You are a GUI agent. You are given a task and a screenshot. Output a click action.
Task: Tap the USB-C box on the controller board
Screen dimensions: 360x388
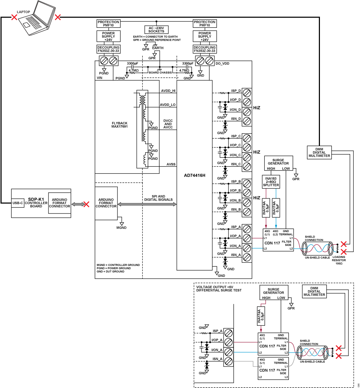18,203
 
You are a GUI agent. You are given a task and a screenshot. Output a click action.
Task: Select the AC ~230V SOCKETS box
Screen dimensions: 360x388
156,30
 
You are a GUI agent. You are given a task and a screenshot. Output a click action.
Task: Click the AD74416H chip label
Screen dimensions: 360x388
194,176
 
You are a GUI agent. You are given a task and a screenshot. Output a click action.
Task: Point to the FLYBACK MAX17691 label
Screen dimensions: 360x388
120,125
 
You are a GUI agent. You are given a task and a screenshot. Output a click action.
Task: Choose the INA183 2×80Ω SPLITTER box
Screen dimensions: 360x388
271,182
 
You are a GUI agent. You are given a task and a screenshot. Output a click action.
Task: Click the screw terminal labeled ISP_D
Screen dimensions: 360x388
247,93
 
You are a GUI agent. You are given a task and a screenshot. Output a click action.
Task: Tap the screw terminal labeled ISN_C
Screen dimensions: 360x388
247,166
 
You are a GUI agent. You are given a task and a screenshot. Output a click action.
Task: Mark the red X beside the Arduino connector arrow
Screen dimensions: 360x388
86,204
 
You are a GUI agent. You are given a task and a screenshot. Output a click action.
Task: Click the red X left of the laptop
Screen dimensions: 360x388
14,17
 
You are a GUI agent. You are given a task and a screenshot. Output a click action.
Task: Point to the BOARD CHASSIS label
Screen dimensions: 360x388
160,72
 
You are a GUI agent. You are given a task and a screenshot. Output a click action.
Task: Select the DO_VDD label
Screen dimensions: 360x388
223,64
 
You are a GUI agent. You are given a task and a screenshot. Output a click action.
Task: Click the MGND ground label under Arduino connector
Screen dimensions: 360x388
121,228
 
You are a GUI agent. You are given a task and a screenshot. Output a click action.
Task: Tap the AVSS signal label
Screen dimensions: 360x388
171,164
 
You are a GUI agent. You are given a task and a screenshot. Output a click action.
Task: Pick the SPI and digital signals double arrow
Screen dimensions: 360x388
147,204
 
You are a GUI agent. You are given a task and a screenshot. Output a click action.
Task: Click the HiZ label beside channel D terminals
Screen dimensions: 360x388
257,108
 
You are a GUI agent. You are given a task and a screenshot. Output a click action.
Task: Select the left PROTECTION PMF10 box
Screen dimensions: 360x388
108,24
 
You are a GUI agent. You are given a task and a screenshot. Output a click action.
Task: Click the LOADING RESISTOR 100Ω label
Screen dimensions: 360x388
339,260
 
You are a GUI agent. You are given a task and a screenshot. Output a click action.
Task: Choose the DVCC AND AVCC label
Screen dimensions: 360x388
168,124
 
